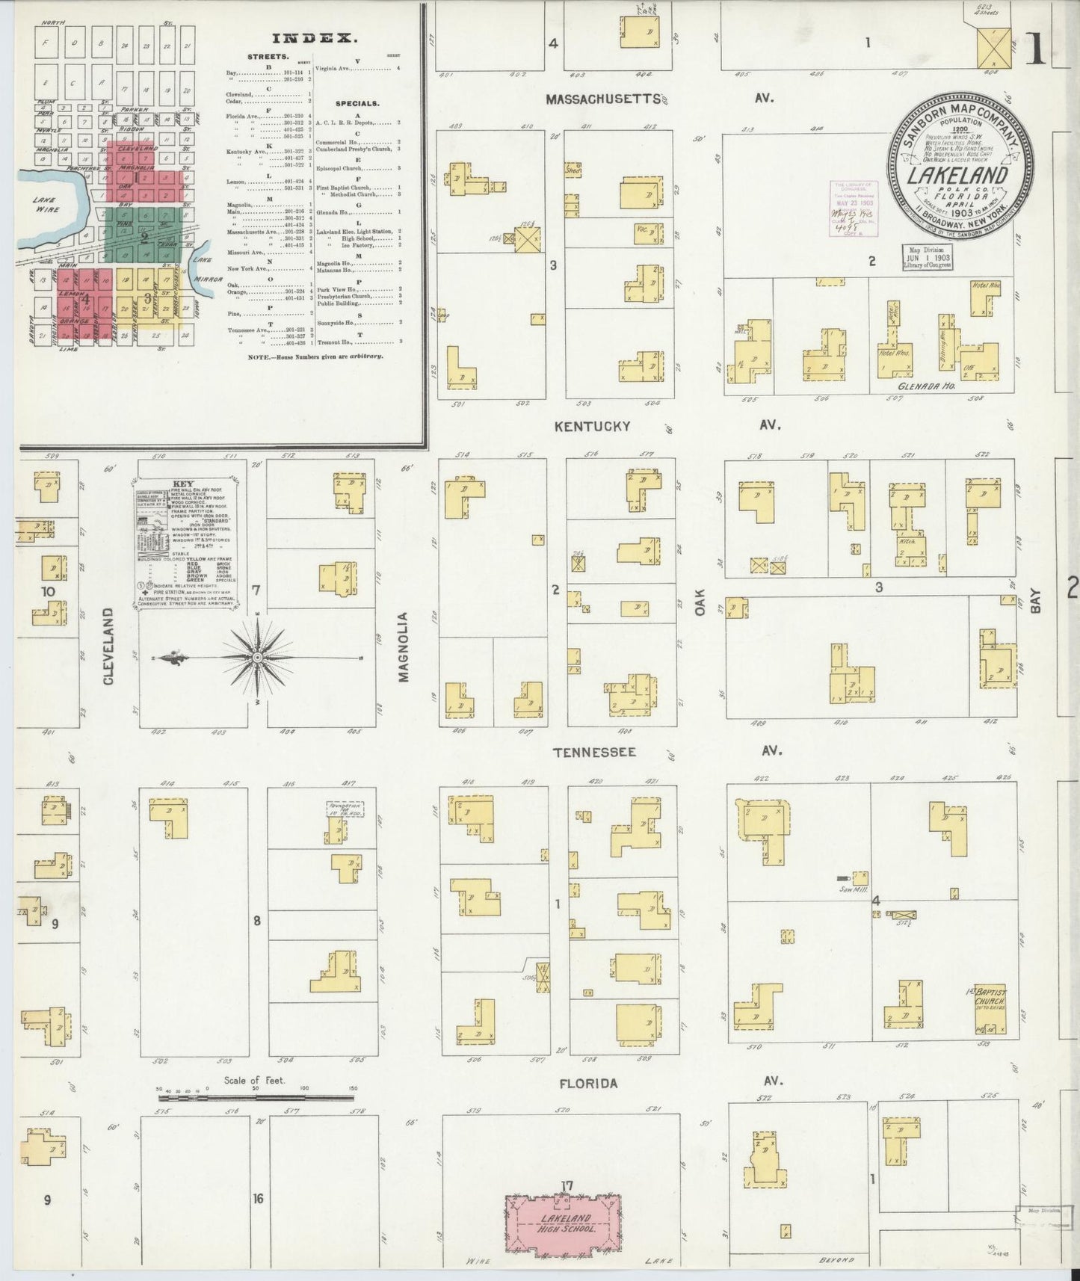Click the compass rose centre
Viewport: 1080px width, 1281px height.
tap(257, 657)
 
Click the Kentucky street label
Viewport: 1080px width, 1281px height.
tap(592, 427)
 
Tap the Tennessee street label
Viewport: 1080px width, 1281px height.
tap(595, 752)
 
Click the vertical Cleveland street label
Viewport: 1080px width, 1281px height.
tap(109, 646)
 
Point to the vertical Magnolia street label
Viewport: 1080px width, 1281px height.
tap(404, 647)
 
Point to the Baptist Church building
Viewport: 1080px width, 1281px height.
tap(991, 1008)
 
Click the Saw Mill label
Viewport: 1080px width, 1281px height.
tap(848, 889)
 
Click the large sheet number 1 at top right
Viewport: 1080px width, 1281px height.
tap(1037, 50)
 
